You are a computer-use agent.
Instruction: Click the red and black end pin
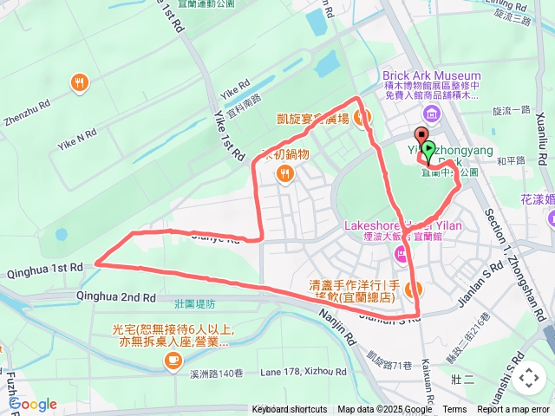[x=421, y=139]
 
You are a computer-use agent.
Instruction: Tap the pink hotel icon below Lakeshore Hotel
[x=399, y=254]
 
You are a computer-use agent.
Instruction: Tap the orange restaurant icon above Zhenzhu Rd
[x=81, y=82]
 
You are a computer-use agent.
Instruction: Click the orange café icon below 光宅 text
[x=173, y=359]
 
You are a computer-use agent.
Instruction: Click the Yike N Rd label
[x=78, y=135]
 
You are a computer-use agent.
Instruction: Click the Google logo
[x=32, y=404]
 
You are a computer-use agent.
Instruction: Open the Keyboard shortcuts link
[x=289, y=410]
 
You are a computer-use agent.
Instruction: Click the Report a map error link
[x=514, y=410]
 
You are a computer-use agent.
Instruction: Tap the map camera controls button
[x=527, y=378]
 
